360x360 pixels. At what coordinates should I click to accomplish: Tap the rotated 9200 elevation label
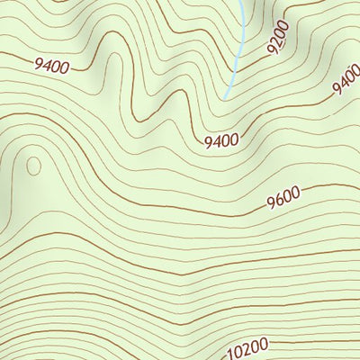[x=278, y=37]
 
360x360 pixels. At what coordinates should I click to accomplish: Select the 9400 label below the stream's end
[x=220, y=140]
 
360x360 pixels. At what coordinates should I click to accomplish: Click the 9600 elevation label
[x=283, y=200]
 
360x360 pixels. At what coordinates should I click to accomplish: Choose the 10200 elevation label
[x=248, y=346]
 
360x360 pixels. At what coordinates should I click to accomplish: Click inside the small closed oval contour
[x=33, y=166]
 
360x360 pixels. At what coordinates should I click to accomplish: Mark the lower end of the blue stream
[x=225, y=97]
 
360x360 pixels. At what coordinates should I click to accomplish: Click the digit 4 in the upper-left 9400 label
[x=47, y=63]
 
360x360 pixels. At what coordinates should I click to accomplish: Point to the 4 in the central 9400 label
[x=216, y=140]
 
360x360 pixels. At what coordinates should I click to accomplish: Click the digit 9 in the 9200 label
[x=272, y=49]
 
